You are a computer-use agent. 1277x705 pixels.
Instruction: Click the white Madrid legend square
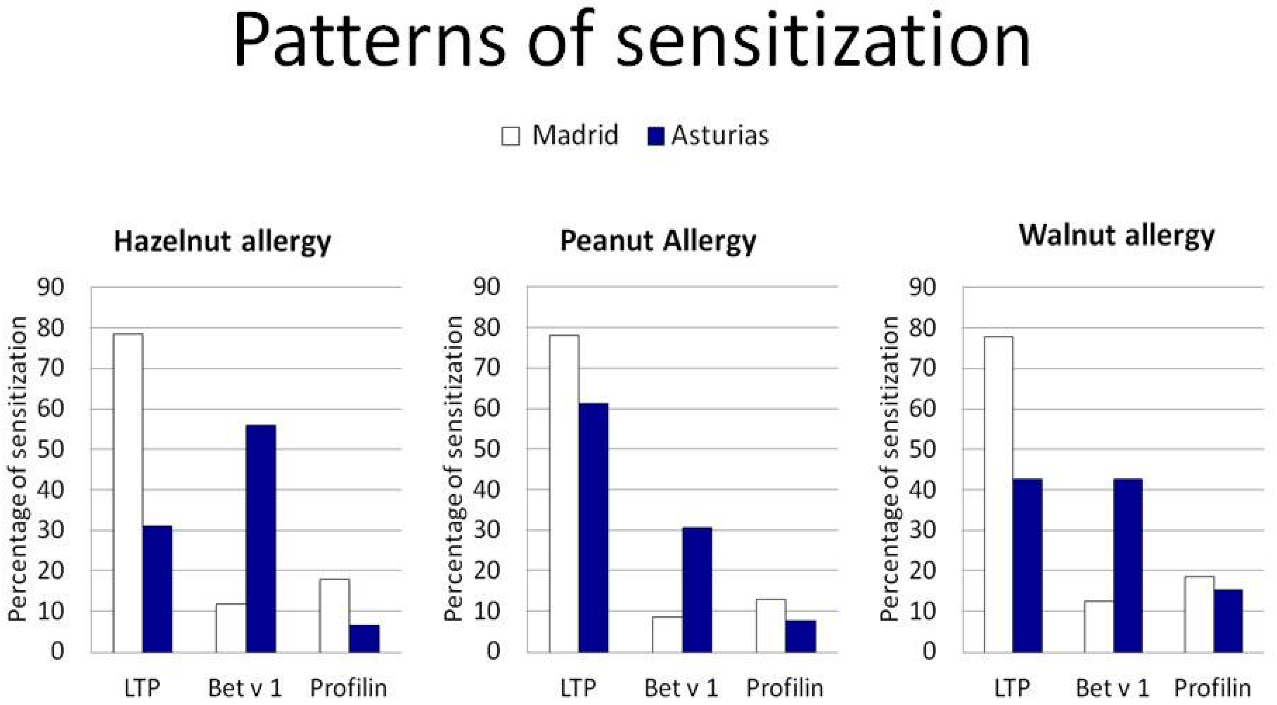coord(510,136)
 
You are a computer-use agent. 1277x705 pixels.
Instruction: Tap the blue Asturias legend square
coord(655,136)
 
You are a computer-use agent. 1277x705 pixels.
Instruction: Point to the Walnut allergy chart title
coord(1116,236)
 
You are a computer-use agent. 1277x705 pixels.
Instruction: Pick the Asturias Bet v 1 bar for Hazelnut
coord(261,538)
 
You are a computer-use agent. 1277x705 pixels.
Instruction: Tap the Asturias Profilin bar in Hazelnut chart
coord(364,638)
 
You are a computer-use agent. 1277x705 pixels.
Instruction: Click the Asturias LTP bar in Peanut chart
coord(593,528)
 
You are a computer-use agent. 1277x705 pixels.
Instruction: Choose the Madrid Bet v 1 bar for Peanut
coord(667,634)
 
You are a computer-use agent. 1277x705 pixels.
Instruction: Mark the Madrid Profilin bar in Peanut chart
coord(771,626)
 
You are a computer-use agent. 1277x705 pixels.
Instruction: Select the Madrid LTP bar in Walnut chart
coord(998,494)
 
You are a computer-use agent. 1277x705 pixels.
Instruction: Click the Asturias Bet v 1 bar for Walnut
coord(1128,565)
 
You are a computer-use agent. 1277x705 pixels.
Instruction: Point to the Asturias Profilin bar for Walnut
coord(1229,621)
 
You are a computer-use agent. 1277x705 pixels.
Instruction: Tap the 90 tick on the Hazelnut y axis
coord(51,287)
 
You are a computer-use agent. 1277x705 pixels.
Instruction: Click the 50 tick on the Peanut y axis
coord(487,450)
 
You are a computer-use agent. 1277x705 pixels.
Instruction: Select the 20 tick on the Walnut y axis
coord(923,571)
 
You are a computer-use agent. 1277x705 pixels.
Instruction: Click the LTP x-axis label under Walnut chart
coord(1012,688)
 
